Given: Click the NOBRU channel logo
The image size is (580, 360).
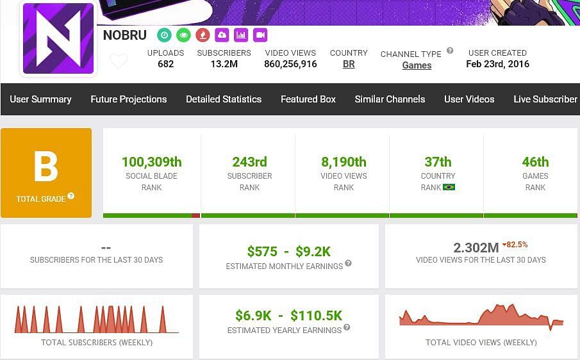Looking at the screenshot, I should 58,38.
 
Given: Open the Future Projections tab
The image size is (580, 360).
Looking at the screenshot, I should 129,99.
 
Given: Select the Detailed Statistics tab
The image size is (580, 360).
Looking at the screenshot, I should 224,99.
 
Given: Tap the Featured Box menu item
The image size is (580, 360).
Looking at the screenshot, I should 308,99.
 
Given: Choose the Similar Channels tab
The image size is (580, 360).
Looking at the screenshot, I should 390,99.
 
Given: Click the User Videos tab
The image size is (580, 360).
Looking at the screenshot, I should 469,99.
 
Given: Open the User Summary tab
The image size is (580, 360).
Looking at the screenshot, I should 40,99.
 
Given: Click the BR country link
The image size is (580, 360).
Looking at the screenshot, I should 349,64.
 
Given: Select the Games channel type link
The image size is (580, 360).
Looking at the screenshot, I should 417,65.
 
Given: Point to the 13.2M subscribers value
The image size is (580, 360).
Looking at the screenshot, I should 224,64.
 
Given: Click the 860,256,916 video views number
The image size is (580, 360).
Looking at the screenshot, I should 290,64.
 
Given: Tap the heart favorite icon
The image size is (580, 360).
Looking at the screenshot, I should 119,61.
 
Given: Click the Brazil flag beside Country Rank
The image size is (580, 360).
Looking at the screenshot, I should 449,188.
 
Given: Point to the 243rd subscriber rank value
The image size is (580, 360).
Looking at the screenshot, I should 249,162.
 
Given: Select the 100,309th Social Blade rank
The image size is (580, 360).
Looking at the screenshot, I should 152,162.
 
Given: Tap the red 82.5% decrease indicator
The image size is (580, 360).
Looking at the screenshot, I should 515,245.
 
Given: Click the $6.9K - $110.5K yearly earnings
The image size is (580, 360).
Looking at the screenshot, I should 288,315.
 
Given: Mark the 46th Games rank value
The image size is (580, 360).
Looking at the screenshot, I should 535,162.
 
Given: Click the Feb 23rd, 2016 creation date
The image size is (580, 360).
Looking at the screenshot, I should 497,64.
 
